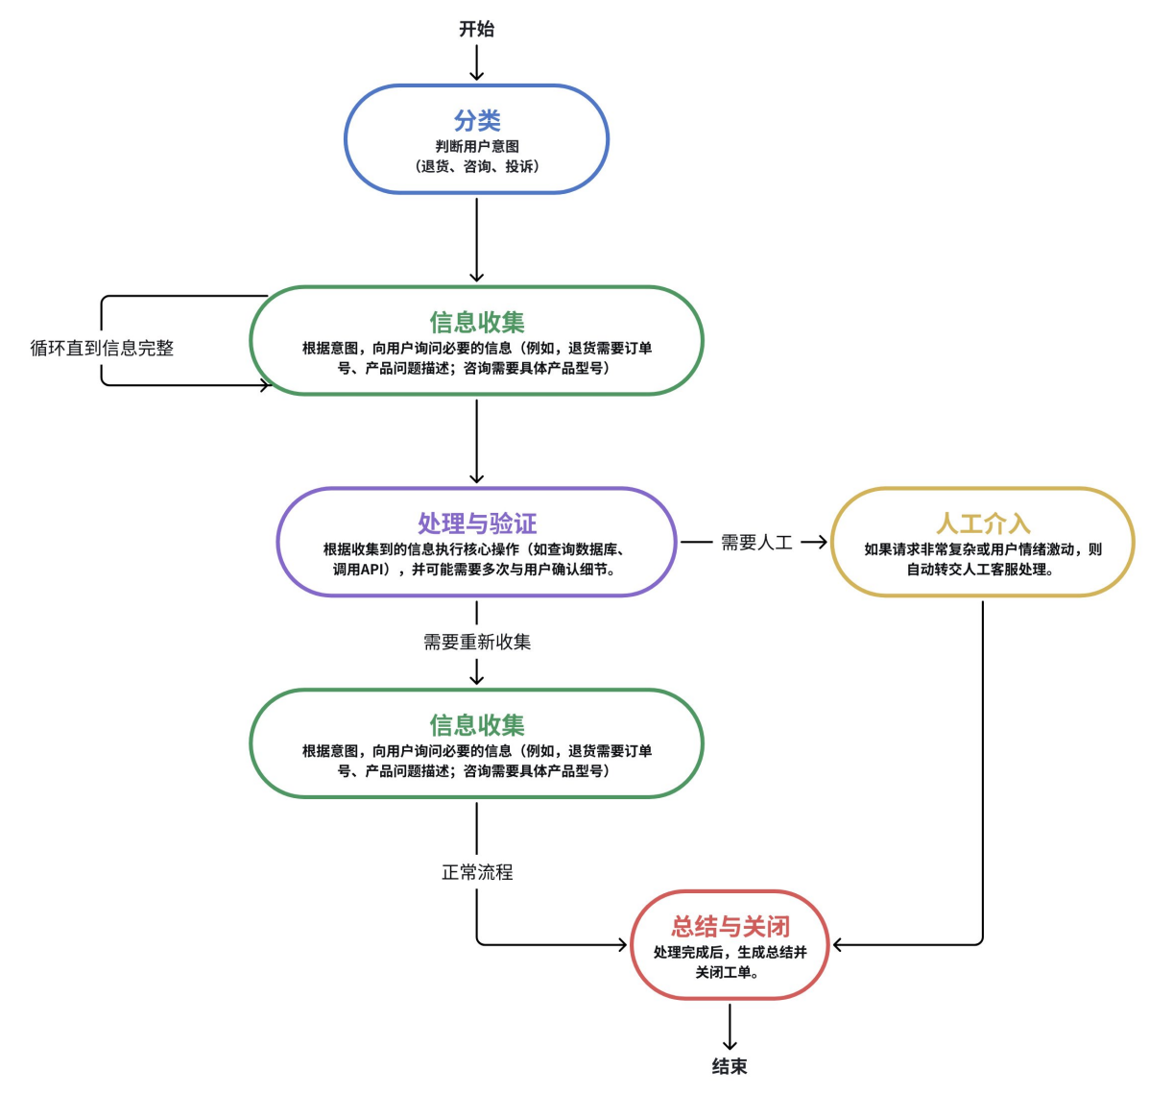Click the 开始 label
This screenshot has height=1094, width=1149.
coord(476,29)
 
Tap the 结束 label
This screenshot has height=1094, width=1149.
coord(730,1066)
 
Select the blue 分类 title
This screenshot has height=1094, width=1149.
coord(477,121)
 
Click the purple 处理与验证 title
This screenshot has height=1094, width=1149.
coord(477,523)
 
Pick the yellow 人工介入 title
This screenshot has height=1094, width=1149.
coord(983,523)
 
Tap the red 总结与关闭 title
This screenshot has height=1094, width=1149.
coord(730,927)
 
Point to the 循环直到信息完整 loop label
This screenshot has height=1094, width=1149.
coord(102,348)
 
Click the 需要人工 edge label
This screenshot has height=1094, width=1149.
coord(756,543)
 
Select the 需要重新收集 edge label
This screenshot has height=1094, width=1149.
coord(477,642)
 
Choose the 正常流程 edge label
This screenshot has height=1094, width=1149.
coord(477,872)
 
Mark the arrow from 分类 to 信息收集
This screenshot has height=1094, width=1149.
coord(477,240)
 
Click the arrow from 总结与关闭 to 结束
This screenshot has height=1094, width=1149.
coord(730,1028)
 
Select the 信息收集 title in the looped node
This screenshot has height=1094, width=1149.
coord(477,323)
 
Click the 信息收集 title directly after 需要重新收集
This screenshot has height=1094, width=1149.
coord(477,725)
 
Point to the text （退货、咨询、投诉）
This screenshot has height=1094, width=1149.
coord(477,166)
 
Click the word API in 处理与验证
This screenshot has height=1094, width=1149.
coord(374,570)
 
